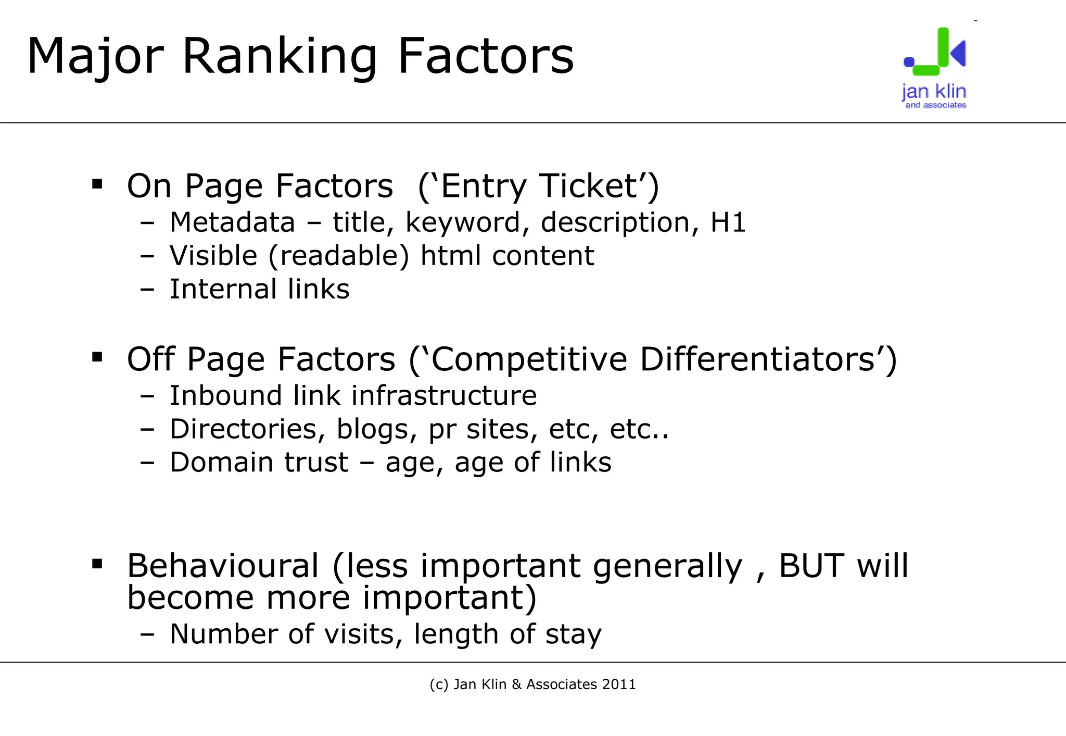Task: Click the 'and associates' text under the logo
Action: coord(935,105)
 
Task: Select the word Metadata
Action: coord(233,222)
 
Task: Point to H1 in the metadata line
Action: coord(728,222)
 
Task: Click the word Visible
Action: coord(213,256)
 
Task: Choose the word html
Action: coord(450,256)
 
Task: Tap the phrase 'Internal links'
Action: coord(259,289)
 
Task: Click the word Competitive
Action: coord(529,359)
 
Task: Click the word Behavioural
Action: coord(223,566)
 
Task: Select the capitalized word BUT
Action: coord(812,566)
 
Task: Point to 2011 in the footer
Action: coord(619,684)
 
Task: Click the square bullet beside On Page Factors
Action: coord(97,184)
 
